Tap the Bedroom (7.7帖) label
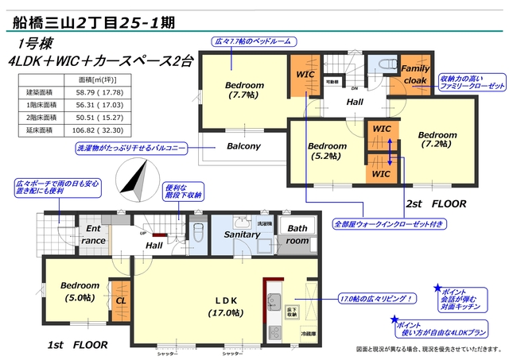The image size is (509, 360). pos(244,91)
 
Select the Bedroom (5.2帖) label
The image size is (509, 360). pos(327,151)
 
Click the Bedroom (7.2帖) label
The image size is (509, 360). pos(437,139)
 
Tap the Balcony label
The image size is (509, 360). pos(243,146)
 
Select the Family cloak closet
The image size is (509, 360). pos(415,74)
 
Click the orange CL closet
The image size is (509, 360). pos(121,301)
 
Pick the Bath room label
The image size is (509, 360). pos(297,234)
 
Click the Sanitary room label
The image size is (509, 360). pos(242,234)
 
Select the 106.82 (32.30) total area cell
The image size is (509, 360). pos(95,130)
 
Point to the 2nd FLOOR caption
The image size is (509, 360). pos(435,204)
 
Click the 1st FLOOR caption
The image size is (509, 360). pos(77,346)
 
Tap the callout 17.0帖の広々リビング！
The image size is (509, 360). pos(375,299)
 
